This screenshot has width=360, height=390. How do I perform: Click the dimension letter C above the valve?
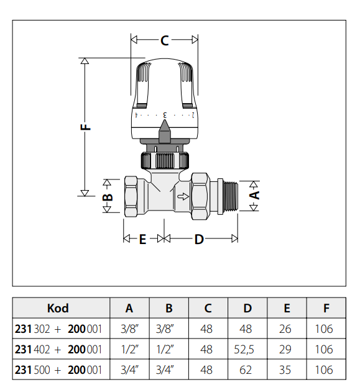click(165, 40)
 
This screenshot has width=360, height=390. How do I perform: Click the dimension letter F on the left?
click(85, 127)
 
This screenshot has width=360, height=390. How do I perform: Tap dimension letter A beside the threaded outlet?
click(254, 196)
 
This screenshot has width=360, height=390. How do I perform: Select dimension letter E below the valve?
click(142, 239)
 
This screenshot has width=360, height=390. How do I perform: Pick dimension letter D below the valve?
click(199, 239)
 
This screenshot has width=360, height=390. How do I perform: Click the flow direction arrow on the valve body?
click(183, 196)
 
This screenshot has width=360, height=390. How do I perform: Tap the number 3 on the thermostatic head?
click(165, 115)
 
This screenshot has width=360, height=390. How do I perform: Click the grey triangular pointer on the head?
click(164, 131)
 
